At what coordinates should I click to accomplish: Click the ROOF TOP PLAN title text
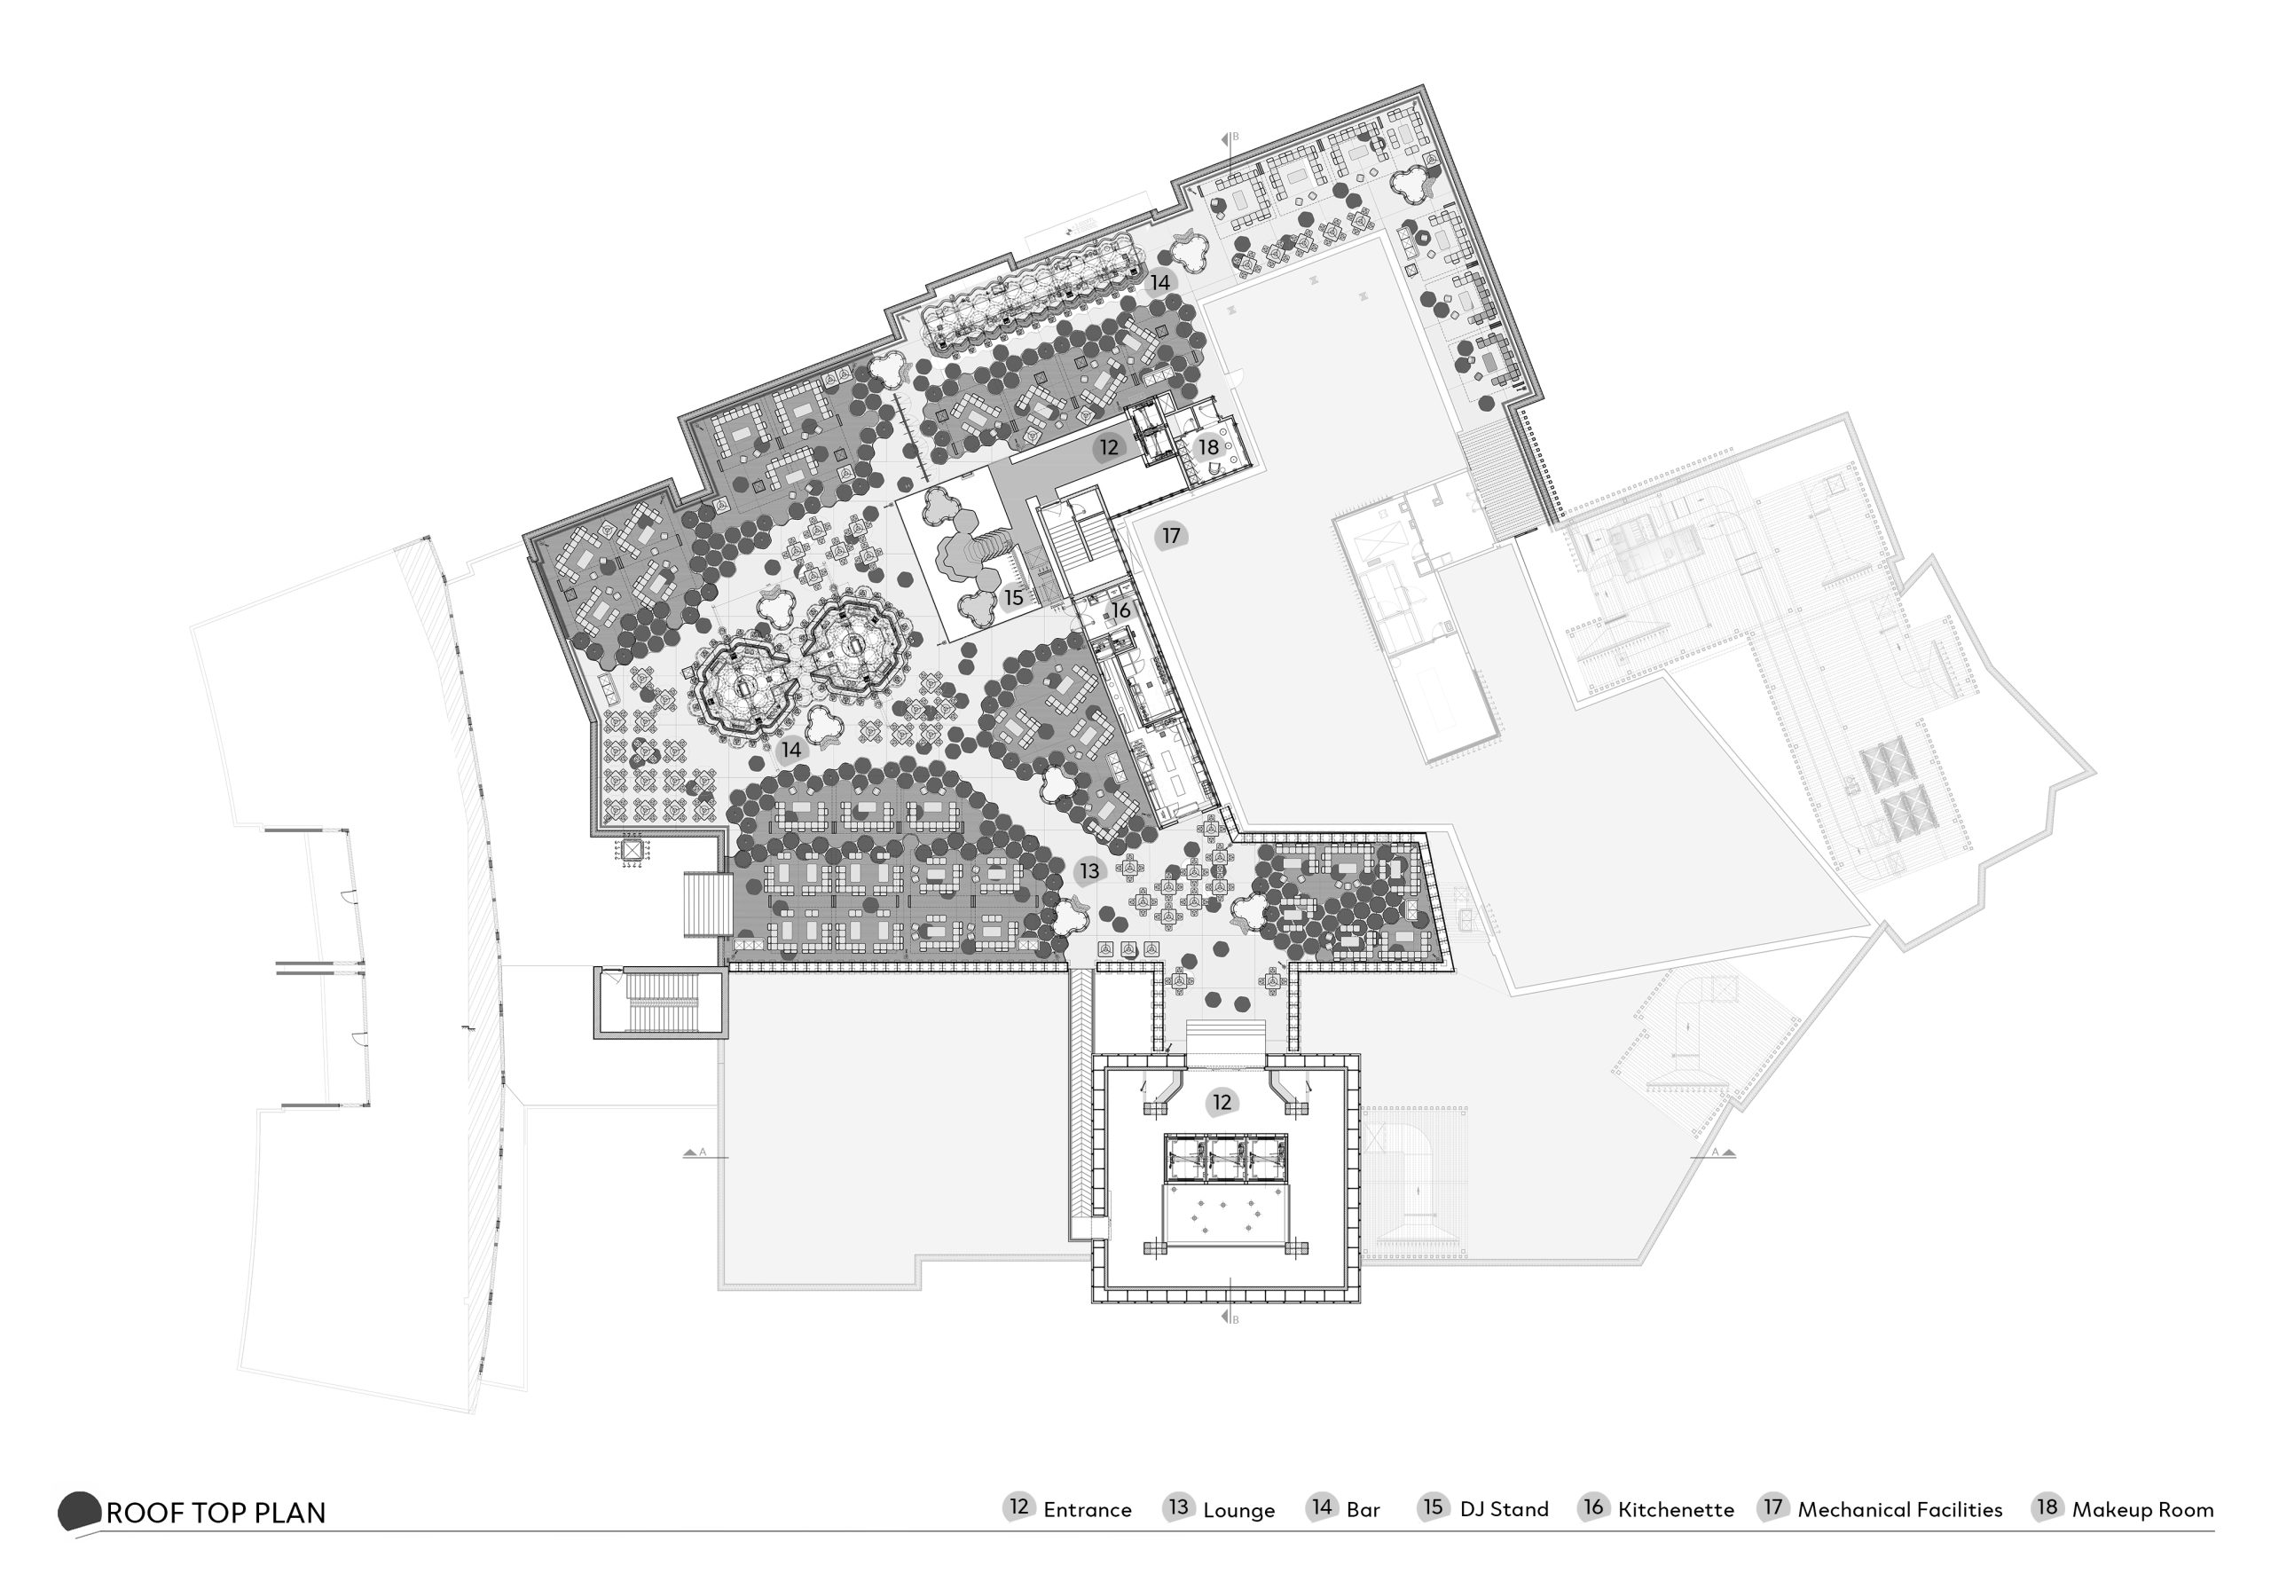216,1513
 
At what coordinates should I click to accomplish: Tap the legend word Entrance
1087,1510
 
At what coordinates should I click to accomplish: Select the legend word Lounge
1238,1511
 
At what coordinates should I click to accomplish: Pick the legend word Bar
1363,1510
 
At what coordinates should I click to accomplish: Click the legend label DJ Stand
1504,1510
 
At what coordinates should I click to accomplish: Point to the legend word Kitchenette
1676,1510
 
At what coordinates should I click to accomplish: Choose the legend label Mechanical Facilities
1899,1510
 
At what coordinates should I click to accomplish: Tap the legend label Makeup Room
2142,1511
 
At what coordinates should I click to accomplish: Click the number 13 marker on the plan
1089,871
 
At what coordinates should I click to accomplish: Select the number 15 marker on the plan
1013,599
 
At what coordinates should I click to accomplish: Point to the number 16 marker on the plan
1120,610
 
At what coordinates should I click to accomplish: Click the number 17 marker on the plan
1171,536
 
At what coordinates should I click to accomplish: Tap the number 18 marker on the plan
1209,447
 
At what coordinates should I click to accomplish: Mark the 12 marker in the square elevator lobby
1222,1102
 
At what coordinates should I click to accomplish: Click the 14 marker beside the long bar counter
1159,283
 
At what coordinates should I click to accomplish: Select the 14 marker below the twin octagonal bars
791,750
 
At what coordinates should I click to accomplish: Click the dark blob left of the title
79,1511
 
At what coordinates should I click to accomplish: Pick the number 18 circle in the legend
2047,1506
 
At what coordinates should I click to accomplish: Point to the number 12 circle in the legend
1018,1506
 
